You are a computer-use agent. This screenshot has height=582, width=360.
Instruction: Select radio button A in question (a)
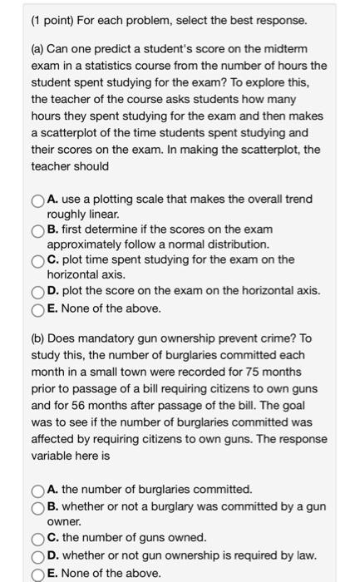coord(38,200)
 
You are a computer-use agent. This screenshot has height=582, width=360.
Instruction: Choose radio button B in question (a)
coord(38,230)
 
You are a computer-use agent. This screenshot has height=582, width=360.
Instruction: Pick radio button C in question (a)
coord(38,260)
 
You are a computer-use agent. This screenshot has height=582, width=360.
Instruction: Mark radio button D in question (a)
coord(38,290)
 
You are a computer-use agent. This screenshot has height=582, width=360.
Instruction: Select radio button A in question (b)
coord(38,490)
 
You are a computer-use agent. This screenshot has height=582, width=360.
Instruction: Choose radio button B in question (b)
coord(38,507)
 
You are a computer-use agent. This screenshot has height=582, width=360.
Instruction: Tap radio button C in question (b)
coord(38,537)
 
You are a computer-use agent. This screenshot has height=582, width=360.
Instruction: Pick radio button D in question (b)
coord(38,555)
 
